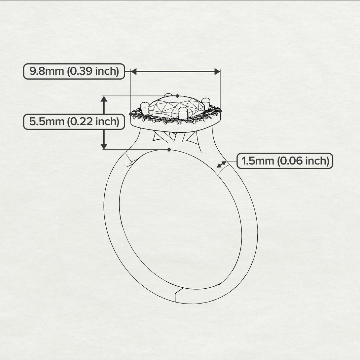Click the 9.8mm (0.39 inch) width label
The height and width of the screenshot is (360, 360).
[x=74, y=71]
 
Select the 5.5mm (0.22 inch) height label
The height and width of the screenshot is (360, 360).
[x=74, y=122]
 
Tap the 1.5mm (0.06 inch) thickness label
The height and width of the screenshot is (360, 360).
[x=285, y=161]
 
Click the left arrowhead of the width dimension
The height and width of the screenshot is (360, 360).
[x=134, y=71]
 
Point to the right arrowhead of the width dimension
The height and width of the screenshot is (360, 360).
[x=217, y=71]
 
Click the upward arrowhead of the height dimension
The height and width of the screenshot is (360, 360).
[x=104, y=99]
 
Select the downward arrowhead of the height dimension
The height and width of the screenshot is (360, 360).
[x=104, y=146]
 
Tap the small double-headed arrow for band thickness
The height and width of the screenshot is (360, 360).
[x=222, y=164]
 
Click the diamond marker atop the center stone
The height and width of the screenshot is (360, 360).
[x=177, y=96]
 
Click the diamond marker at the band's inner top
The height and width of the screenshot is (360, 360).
[x=169, y=150]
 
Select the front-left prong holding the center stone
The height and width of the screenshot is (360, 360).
[x=145, y=109]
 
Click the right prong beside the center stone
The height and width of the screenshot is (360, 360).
[x=206, y=103]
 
